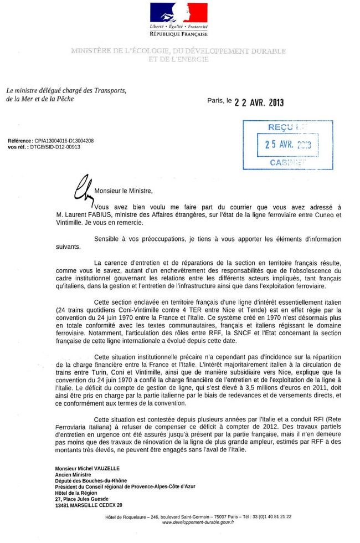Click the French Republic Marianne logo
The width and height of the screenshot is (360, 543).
(178, 12)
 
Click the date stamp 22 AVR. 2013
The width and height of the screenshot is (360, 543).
(259, 103)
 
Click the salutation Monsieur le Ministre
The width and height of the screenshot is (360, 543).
(124, 191)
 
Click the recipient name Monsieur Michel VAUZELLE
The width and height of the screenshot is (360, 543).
(87, 469)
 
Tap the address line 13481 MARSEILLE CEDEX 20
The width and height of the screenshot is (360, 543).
(89, 505)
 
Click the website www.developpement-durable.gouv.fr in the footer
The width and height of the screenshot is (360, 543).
(198, 522)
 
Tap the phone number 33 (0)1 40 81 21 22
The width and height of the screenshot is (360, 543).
(271, 516)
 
